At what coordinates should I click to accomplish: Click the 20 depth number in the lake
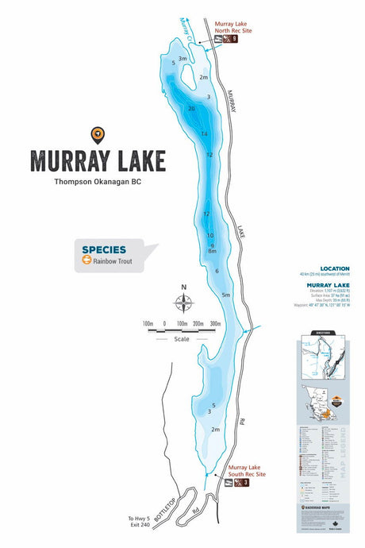pos(191,108)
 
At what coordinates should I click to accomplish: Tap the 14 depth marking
pos(204,134)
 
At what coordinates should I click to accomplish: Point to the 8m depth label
pos(212,252)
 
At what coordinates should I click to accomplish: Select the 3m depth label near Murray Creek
pos(182,59)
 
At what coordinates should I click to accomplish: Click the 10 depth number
pos(210,236)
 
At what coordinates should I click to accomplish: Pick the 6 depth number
pos(217,272)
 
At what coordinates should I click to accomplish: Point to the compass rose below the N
pos(183,303)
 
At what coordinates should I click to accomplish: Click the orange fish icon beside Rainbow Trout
pos(85,259)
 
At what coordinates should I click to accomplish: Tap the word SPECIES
pos(104,249)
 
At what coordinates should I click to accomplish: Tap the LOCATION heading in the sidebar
pos(334,268)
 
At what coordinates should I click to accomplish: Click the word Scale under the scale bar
pos(183,339)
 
